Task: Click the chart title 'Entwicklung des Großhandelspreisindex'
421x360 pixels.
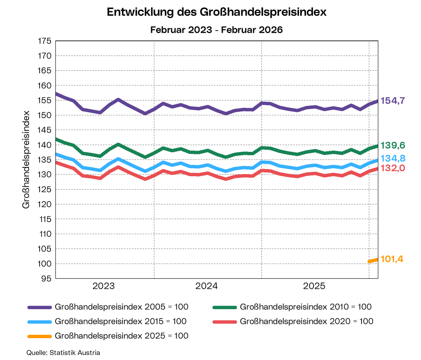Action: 217,13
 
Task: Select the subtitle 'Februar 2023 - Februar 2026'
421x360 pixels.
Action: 217,30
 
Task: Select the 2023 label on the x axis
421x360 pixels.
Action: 104,286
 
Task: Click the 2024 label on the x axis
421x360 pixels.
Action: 207,286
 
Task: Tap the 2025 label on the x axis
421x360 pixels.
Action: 314,286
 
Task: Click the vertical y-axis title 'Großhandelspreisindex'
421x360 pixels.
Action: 26,159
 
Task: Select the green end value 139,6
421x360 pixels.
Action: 393,146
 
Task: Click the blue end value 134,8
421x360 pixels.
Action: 393,159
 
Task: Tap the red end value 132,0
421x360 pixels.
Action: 393,168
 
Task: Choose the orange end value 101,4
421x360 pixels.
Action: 392,259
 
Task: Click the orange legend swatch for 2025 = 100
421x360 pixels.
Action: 40,336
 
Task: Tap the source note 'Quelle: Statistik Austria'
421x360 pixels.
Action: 63,352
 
